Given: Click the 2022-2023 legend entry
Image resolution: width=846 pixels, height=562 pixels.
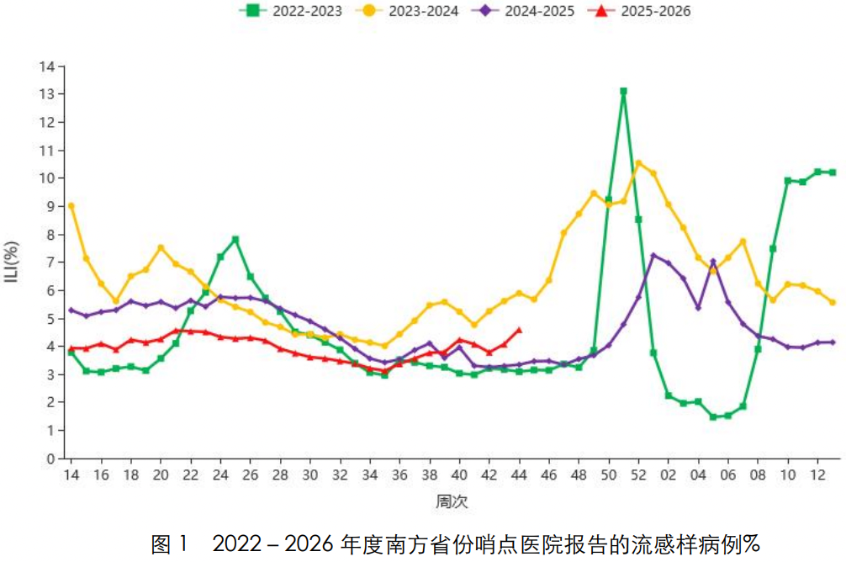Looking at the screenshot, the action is tap(291, 11).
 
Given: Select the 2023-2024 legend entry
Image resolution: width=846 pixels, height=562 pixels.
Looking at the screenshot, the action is tap(408, 11).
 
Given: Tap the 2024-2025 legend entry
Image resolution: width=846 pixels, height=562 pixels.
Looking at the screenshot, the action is tap(523, 11).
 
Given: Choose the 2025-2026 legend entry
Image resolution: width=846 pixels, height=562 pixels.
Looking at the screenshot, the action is tap(639, 11).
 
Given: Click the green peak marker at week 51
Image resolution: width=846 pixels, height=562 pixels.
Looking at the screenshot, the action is tap(624, 91).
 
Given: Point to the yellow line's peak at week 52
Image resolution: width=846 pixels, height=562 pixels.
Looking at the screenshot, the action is tap(639, 162).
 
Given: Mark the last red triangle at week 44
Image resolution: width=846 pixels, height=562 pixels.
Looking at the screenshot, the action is tap(519, 330).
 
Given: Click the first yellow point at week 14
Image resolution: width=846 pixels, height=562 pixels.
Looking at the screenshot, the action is tap(71, 205).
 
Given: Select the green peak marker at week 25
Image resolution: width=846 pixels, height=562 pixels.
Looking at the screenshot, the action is tap(235, 239).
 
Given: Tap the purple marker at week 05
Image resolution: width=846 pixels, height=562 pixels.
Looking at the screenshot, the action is tap(713, 262).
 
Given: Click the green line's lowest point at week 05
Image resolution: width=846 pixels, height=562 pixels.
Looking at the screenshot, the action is tap(713, 416).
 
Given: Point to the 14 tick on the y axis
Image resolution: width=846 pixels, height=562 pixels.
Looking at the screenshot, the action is tap(47, 66).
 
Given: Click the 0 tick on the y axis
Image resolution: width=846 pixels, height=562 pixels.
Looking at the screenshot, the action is tap(51, 459).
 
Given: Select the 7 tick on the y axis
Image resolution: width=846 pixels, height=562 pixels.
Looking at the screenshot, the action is tap(51, 262).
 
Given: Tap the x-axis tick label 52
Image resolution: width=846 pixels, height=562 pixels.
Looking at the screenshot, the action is tap(639, 475).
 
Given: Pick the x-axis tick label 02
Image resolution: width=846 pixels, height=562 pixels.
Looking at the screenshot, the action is tap(669, 475).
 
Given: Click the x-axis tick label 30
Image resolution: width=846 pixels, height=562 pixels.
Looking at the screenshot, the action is tap(310, 475).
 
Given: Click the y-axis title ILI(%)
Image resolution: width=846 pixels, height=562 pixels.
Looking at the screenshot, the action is tap(12, 262).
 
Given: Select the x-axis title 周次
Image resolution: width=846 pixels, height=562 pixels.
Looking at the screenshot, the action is tap(452, 501).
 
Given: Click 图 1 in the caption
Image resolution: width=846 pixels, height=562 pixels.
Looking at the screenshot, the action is tap(169, 544).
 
